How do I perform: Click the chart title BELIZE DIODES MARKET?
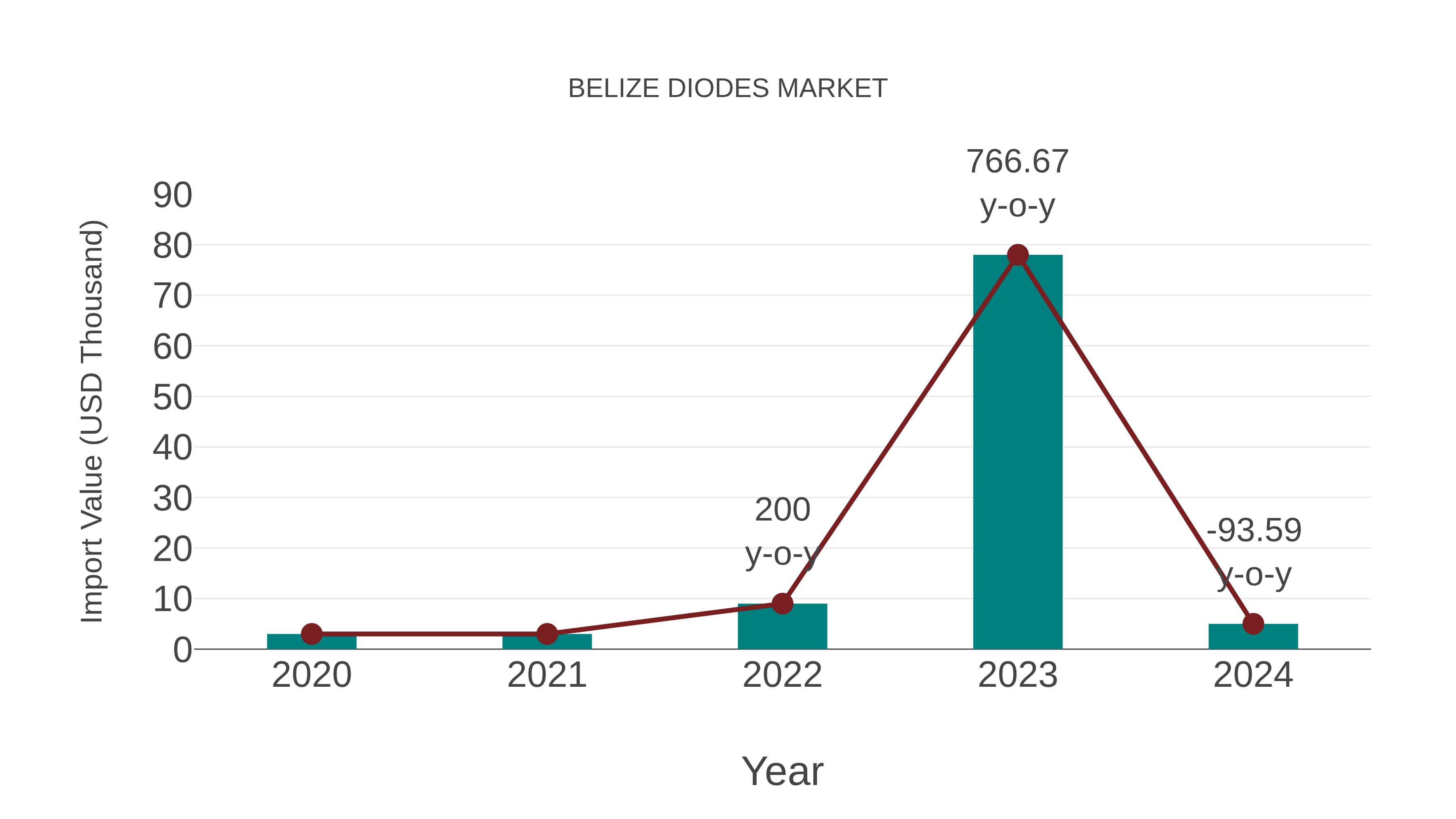(728, 89)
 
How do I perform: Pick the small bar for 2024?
(1253, 637)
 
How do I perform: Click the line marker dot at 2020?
(312, 634)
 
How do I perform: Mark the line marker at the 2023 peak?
(1018, 255)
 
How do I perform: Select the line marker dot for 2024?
(1253, 624)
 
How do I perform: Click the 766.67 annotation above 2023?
(1018, 162)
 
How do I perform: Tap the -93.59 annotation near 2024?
(1254, 530)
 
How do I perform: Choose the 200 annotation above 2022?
(782, 510)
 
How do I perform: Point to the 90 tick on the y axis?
(172, 196)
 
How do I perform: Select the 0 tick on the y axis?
(182, 650)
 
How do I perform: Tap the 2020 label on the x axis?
(312, 675)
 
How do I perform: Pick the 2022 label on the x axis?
(782, 675)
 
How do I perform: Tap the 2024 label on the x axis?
(1253, 675)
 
